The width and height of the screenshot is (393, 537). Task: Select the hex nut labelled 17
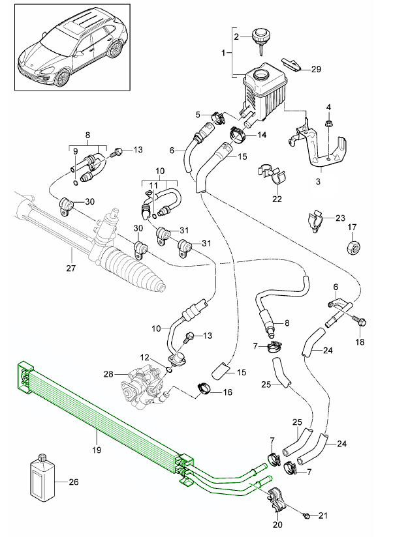(x=353, y=248)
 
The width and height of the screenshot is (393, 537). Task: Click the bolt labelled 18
(x=358, y=320)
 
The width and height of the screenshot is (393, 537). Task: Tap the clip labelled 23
(x=314, y=220)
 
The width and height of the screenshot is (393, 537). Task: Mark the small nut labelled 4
(x=329, y=122)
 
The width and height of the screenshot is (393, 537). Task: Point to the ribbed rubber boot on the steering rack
(x=140, y=273)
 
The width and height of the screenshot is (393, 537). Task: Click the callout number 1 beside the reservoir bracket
(x=223, y=51)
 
